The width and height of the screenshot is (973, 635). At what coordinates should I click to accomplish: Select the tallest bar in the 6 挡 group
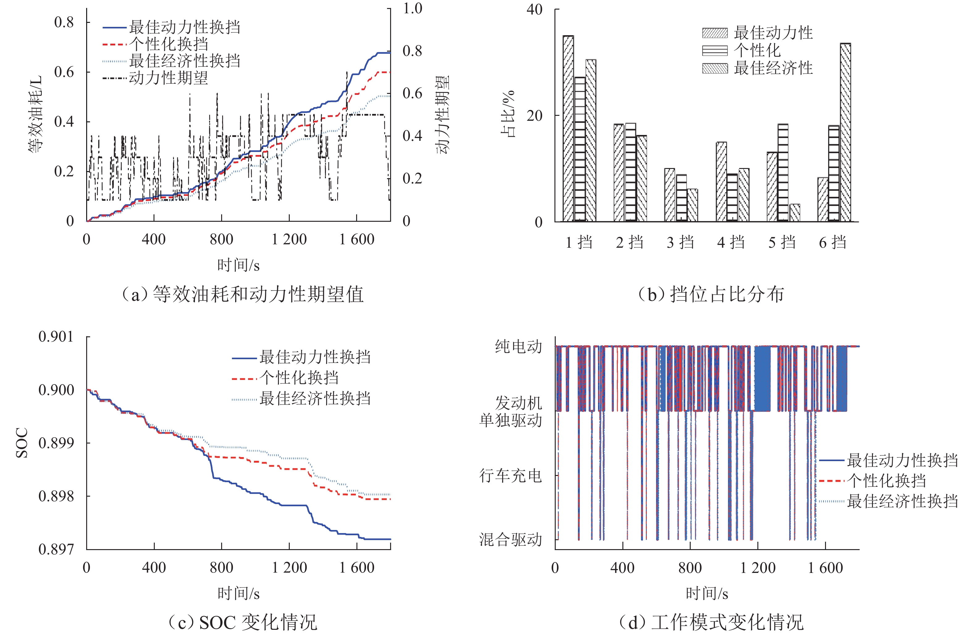click(845, 132)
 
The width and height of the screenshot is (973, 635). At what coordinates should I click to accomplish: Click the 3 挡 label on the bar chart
click(680, 242)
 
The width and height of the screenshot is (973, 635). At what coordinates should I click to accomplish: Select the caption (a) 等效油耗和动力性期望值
click(243, 294)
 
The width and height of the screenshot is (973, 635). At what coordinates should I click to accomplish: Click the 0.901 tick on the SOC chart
click(56, 337)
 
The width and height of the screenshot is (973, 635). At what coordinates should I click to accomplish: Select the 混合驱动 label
click(511, 539)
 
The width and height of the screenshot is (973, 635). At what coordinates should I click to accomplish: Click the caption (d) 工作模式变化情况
click(711, 622)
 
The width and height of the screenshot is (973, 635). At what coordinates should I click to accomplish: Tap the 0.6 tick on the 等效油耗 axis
click(64, 72)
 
